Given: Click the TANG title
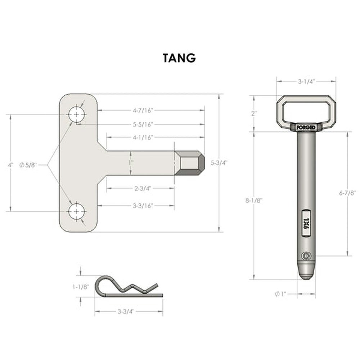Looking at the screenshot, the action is (x=179, y=58).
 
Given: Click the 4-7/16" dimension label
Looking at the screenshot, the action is (x=143, y=111).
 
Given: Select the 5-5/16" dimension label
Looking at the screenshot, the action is (x=143, y=125).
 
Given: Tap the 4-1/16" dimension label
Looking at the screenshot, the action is (x=143, y=138).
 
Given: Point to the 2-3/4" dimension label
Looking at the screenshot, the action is (x=143, y=189).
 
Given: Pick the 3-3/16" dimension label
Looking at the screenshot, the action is (x=143, y=206).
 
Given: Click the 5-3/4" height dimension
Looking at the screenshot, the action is (x=219, y=163).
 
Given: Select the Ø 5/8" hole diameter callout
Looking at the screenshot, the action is (x=28, y=165).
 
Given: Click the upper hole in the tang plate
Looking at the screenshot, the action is (x=76, y=114).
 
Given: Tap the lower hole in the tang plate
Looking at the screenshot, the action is (x=76, y=211).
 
